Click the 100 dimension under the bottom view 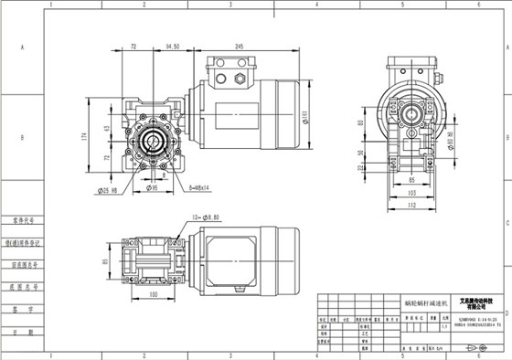[x=153, y=295]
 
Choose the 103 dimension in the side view [x=411, y=195]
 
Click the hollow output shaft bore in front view [x=153, y=143]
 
